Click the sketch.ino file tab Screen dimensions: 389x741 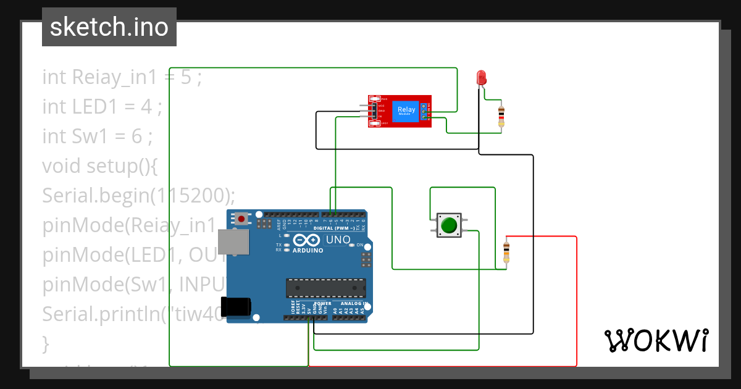109,27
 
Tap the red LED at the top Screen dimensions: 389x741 481,78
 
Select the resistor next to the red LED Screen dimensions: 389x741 501,115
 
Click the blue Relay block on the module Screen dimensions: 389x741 406,111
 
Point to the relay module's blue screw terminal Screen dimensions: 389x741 424,111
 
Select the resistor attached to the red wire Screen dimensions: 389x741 506,251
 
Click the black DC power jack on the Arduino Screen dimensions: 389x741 237,307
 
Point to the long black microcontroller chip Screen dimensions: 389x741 325,288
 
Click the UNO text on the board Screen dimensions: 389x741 338,240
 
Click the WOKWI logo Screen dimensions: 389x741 656,340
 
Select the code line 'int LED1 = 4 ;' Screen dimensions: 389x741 102,107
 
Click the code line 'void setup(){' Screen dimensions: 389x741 101,166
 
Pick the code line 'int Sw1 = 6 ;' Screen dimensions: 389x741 97,136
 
